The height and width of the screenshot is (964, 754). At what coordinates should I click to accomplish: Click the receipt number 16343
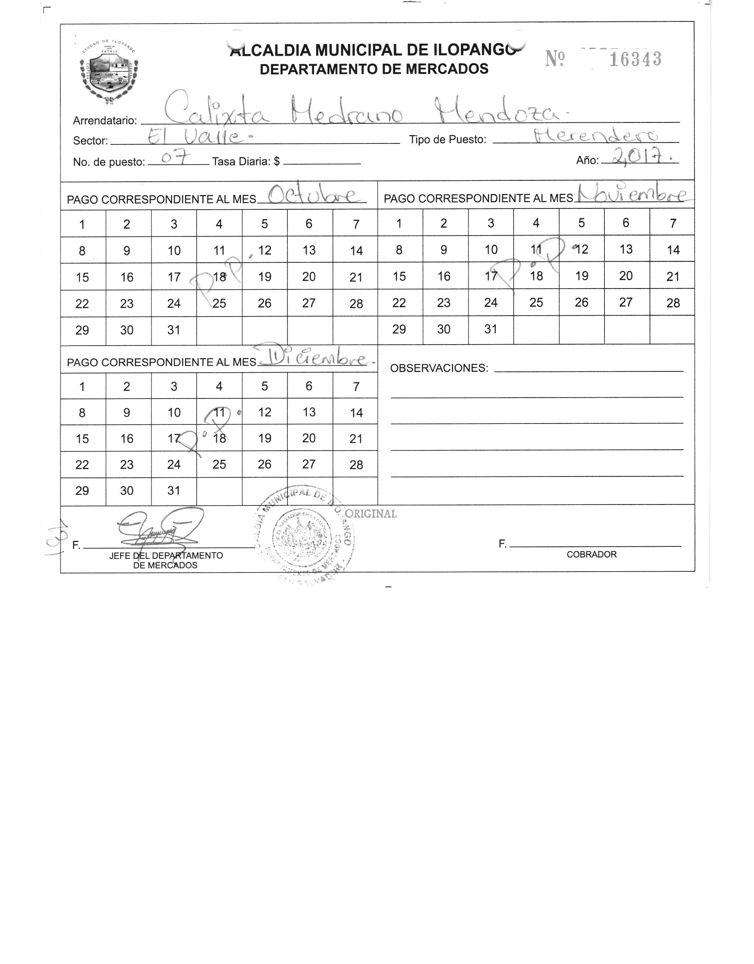[x=635, y=59]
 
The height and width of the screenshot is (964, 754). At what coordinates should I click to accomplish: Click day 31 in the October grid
[x=174, y=330]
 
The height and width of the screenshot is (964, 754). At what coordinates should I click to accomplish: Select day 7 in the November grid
[x=673, y=223]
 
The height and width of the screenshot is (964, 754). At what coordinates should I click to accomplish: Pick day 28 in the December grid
[x=356, y=465]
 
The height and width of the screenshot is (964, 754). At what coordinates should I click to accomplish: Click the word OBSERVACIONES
[x=439, y=368]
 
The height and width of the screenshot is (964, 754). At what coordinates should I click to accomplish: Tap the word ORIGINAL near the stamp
[x=371, y=513]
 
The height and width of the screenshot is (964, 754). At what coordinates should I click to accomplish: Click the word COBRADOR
[x=591, y=554]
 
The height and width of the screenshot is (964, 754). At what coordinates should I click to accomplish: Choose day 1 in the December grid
[x=82, y=386]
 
